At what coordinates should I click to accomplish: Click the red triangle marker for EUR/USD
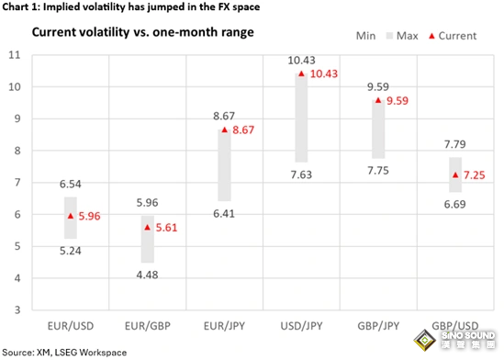click(x=71, y=216)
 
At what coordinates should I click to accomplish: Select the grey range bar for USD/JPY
click(x=301, y=118)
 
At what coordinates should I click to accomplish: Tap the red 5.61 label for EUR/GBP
click(x=166, y=228)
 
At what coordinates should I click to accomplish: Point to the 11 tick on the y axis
click(x=14, y=55)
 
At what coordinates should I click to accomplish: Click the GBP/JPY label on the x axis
click(x=378, y=326)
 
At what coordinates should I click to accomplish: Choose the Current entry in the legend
click(x=453, y=36)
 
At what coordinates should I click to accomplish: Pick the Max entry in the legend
click(x=402, y=36)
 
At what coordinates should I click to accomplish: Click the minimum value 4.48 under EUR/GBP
click(x=147, y=275)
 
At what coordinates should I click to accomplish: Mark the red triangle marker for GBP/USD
click(x=455, y=174)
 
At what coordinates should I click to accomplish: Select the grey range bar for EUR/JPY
click(x=224, y=165)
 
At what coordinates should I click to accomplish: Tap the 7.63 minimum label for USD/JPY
click(x=301, y=174)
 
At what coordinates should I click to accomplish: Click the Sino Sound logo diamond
click(x=425, y=341)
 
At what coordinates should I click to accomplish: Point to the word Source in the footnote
click(x=17, y=353)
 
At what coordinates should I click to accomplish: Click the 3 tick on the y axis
click(x=17, y=309)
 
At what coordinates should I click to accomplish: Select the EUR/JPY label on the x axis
click(x=224, y=326)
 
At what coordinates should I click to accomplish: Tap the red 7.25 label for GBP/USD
click(x=474, y=175)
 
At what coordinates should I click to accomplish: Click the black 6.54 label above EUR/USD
click(x=71, y=184)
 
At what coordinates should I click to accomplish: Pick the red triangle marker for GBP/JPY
click(x=378, y=100)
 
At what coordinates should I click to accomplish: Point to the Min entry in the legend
click(x=365, y=36)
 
